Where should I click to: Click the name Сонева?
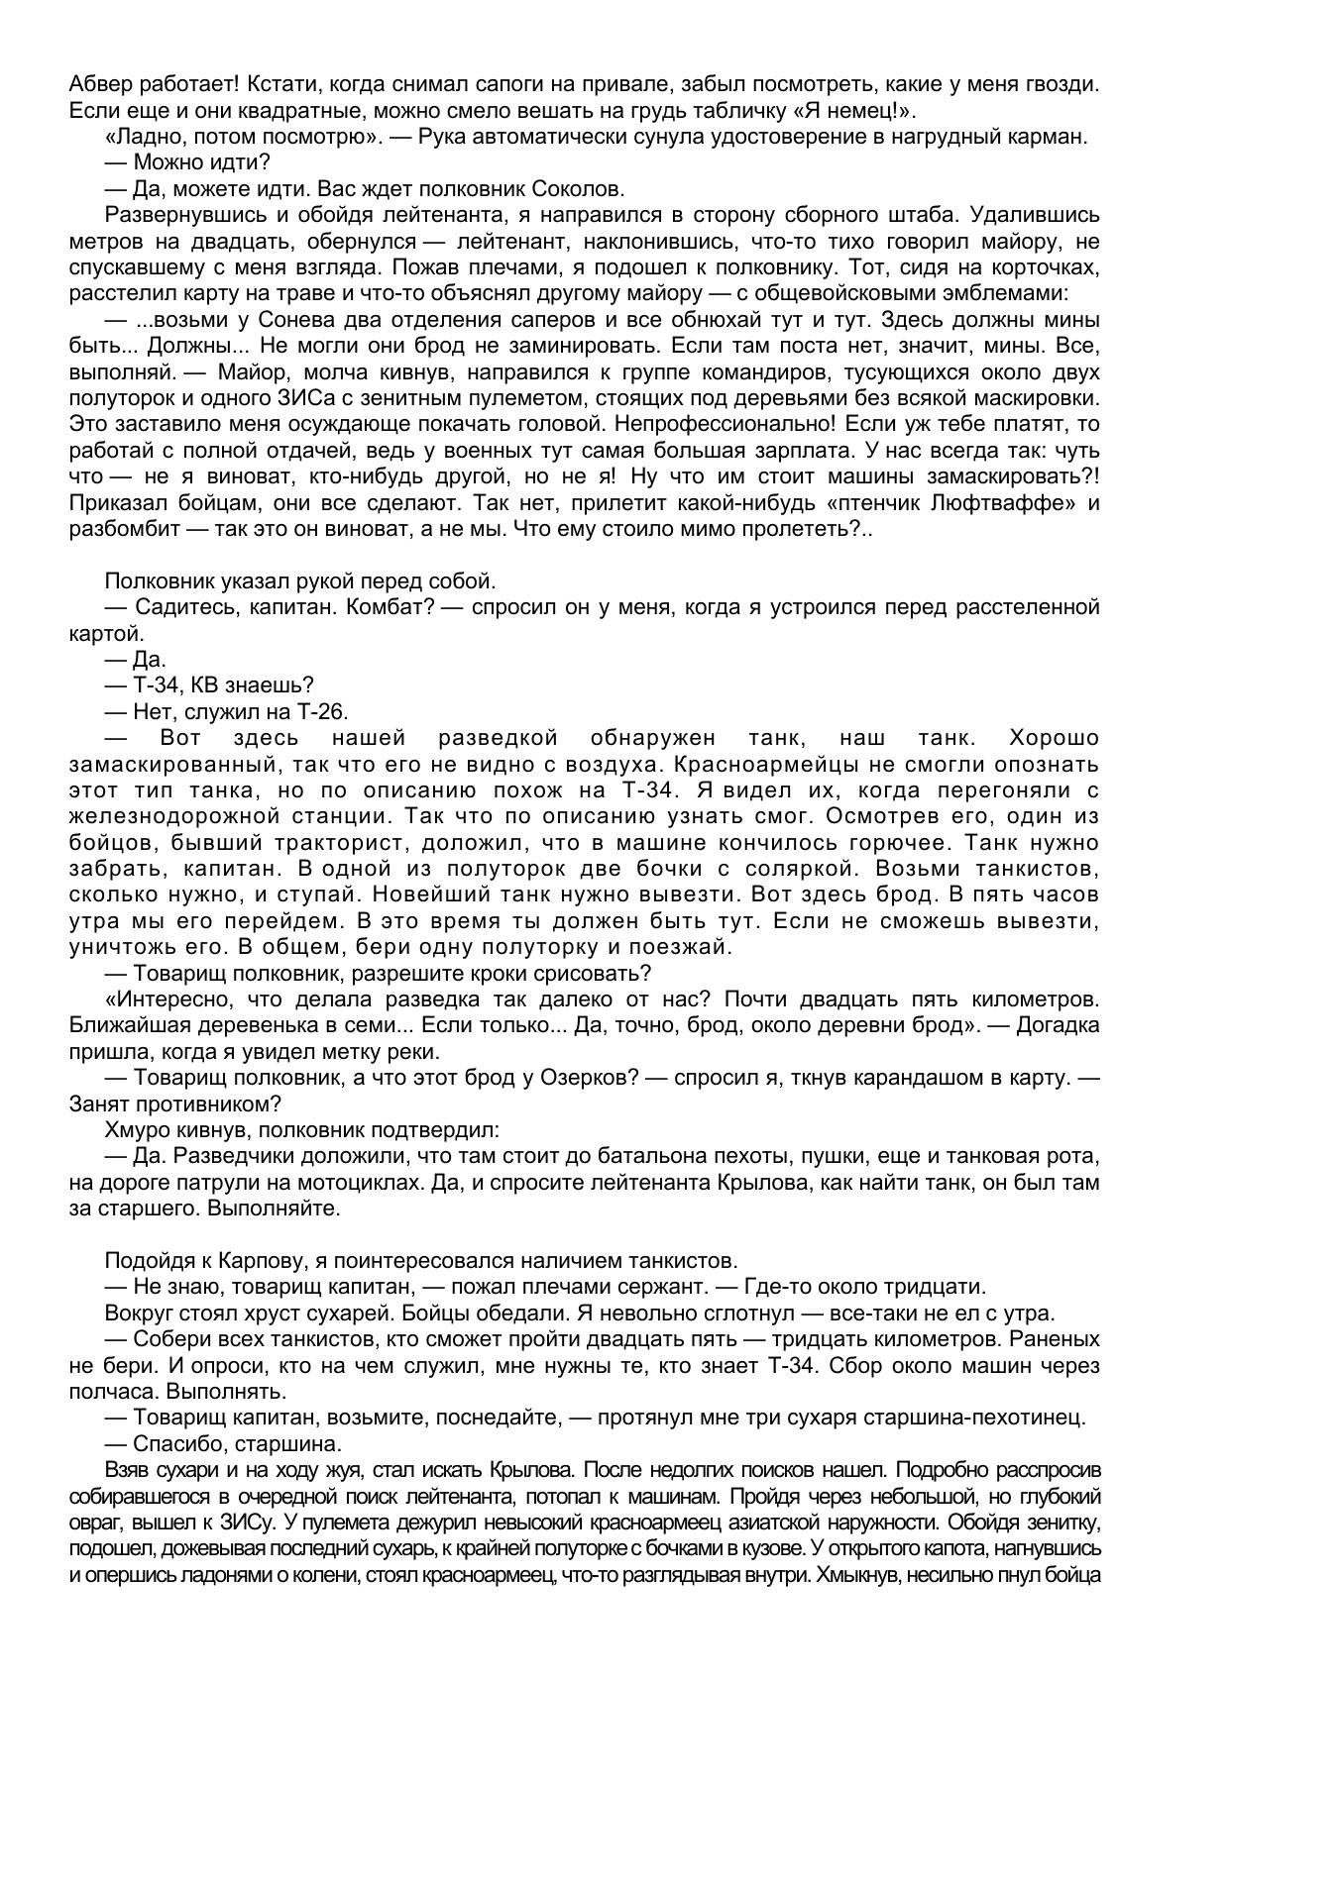click(287, 320)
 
